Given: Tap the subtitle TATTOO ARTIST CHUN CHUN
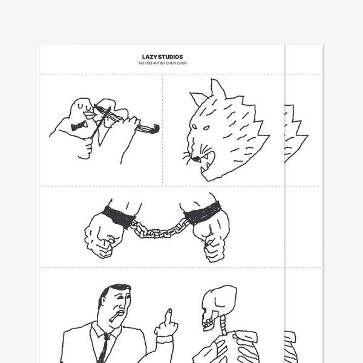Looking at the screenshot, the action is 163,63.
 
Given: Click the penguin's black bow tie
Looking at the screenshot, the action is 79,126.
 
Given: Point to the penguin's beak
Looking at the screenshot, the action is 89,116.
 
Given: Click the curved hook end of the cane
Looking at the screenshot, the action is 155,129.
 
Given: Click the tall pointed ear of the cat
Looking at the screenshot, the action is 218,89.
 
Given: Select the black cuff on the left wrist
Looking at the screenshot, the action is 119,217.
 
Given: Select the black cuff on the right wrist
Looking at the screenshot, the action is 202,213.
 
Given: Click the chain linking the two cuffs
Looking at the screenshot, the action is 160,231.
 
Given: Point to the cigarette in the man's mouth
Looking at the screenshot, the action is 115,316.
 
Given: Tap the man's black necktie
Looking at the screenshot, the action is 105,350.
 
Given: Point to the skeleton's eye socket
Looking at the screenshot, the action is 204,309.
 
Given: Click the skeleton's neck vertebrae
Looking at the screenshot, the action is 223,325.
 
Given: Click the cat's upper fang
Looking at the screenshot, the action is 205,157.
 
